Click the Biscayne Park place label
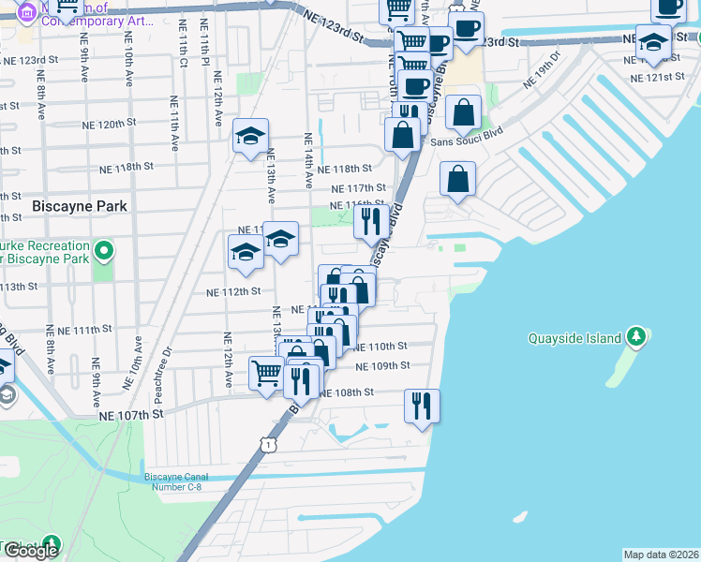[65, 204]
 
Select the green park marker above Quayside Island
[636, 335]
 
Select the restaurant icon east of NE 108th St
[422, 406]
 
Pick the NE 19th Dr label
[542, 70]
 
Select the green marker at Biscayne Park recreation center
[104, 251]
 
